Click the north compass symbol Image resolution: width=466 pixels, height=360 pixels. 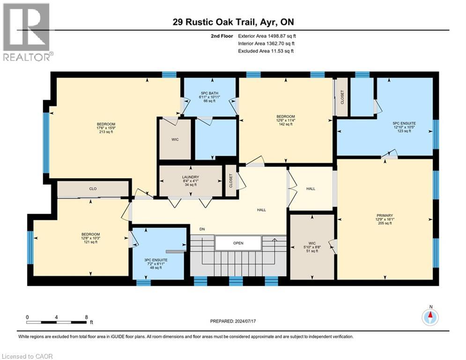[430, 317]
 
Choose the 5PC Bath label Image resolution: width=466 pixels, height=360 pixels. [209, 93]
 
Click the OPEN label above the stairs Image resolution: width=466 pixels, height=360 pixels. [238, 243]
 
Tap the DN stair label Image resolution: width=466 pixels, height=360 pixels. [202, 229]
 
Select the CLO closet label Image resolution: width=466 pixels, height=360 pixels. [93, 188]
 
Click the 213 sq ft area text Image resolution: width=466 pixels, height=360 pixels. [105, 132]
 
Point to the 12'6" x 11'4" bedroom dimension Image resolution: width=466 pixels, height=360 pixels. [285, 120]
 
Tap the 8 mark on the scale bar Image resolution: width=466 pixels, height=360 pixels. [87, 317]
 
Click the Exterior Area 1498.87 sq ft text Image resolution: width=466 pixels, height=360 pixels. [267, 36]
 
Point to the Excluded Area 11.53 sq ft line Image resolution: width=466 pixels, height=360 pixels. [266, 51]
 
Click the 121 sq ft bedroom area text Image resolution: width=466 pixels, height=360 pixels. [91, 242]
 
